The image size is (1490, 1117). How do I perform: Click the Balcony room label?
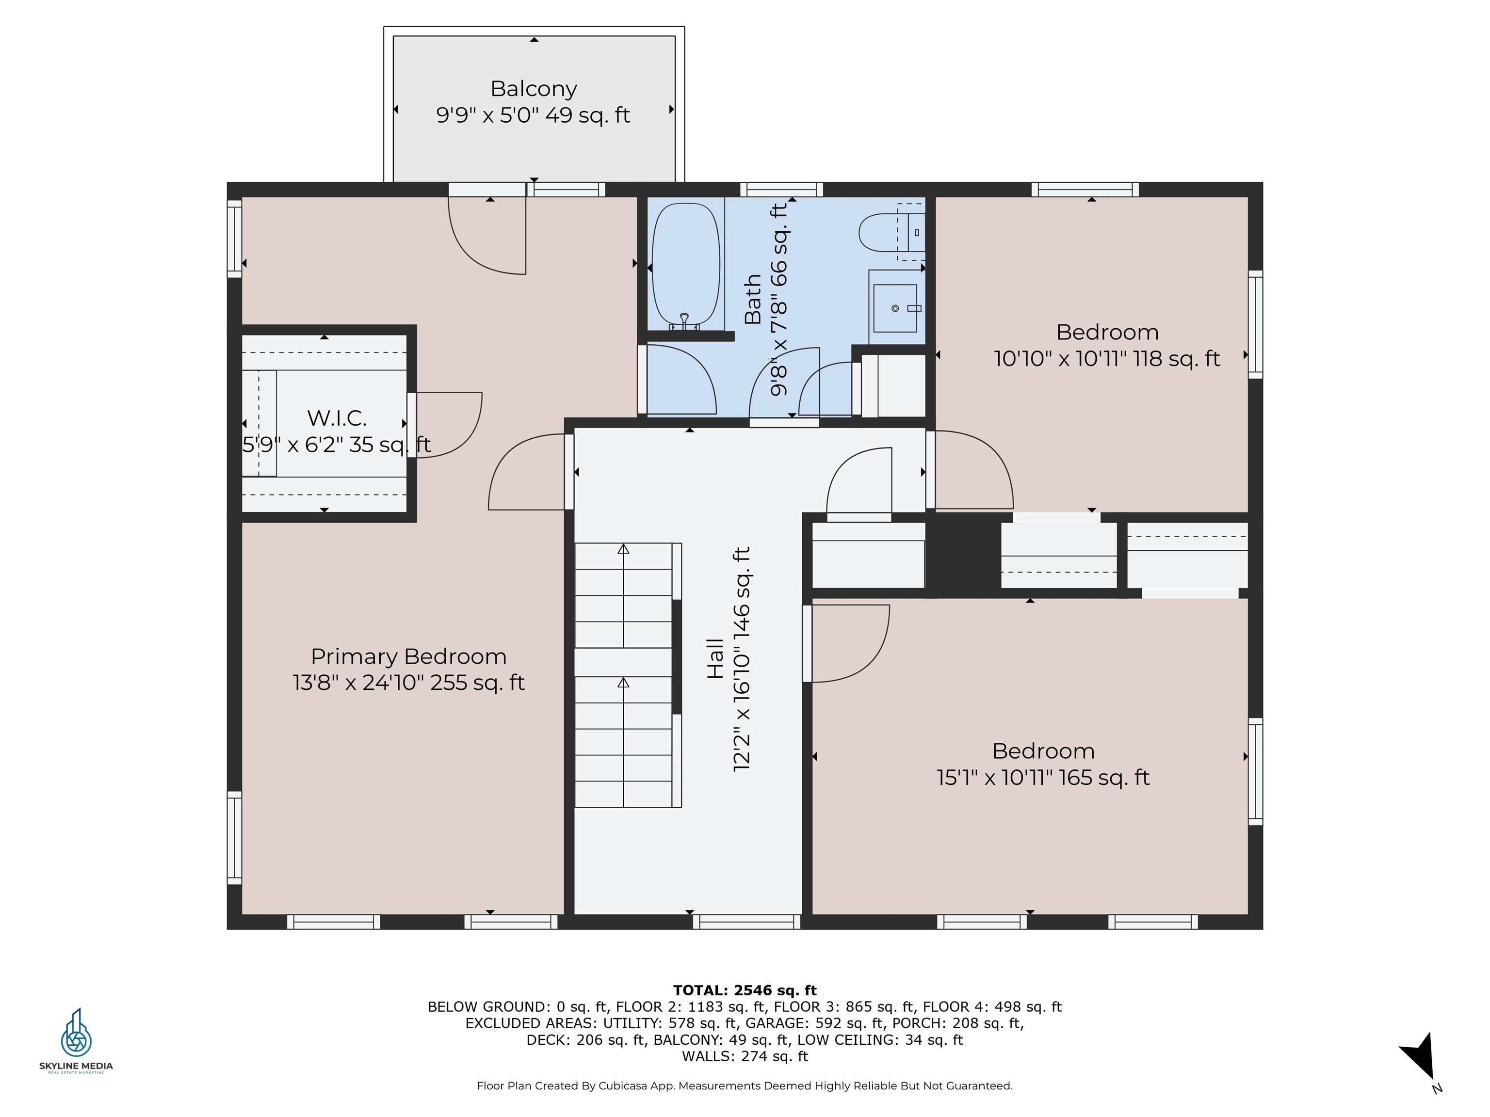534,89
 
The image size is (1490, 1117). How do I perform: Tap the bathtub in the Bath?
686,266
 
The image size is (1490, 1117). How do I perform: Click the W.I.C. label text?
337,418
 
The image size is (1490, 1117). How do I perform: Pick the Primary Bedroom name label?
408,656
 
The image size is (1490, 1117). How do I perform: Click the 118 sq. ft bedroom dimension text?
1107,358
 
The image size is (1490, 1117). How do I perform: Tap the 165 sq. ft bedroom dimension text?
1043,778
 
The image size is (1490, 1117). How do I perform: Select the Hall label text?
715,658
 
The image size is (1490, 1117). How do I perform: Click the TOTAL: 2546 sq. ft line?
745,990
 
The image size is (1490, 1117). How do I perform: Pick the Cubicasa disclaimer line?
745,1085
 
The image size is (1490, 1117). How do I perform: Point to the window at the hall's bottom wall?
746,922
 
